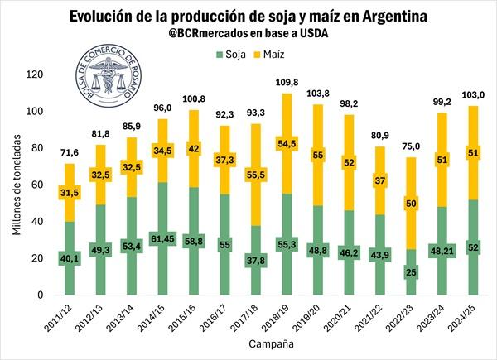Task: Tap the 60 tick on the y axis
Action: (x=36, y=185)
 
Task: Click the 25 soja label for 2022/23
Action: (x=410, y=271)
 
